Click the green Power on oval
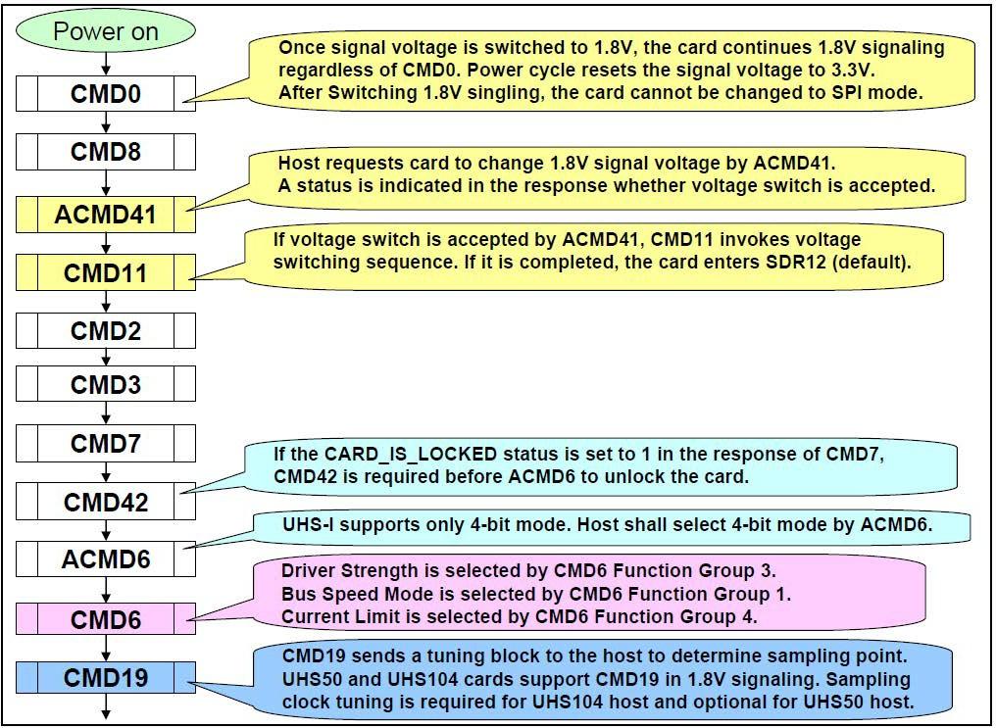pos(106,31)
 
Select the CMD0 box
pos(106,94)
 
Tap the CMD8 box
pos(106,152)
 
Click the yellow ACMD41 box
pos(106,214)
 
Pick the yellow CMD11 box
pos(106,271)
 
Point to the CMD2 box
pos(106,330)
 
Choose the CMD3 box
pos(106,384)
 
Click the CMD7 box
pos(106,443)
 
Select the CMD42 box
pos(106,502)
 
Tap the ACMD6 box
pos(106,559)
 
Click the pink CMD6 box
pos(106,619)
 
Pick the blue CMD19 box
pos(106,677)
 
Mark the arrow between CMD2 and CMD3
pos(106,358)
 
